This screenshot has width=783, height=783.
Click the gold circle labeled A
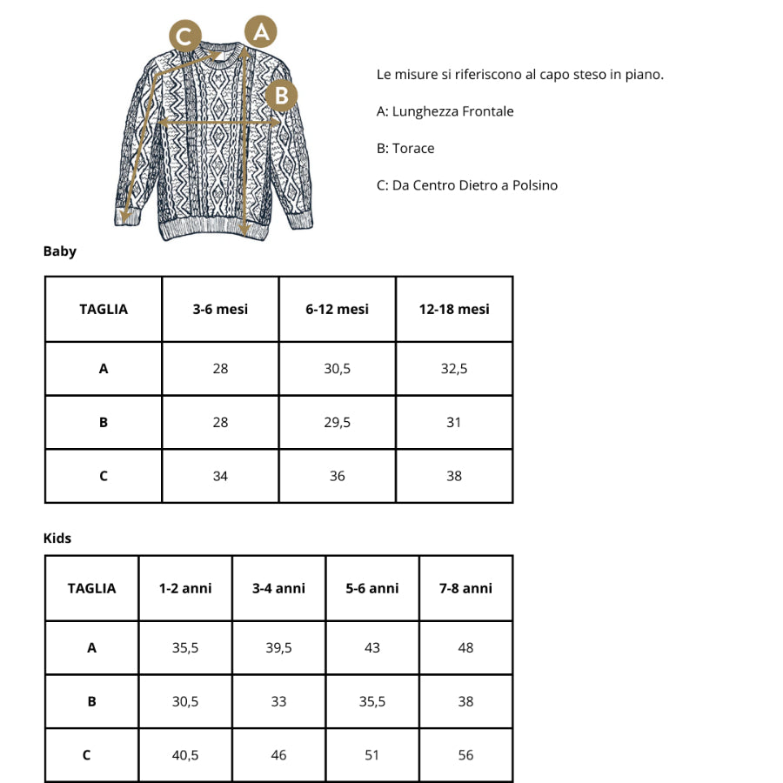[261, 32]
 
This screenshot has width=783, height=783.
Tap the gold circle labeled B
[281, 95]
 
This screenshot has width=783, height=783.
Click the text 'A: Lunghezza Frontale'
[445, 111]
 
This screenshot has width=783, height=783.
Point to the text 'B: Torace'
[405, 149]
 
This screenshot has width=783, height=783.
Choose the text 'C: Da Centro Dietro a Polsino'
[467, 185]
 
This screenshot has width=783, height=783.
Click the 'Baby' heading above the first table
[60, 251]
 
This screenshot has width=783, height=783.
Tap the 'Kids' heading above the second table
[57, 539]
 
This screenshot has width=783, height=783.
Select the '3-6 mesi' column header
[220, 310]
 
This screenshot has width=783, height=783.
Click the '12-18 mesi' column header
[454, 310]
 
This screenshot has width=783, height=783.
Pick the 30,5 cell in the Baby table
[338, 369]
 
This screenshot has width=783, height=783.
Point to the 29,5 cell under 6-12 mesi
[338, 423]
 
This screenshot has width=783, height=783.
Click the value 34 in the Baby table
[220, 477]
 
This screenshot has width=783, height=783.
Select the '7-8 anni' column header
[465, 589]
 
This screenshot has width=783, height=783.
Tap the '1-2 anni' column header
[185, 589]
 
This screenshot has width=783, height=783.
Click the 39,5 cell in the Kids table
[278, 648]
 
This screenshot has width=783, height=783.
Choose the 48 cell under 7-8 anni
[465, 648]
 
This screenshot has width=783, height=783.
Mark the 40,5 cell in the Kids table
[185, 755]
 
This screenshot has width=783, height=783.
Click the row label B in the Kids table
[91, 701]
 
